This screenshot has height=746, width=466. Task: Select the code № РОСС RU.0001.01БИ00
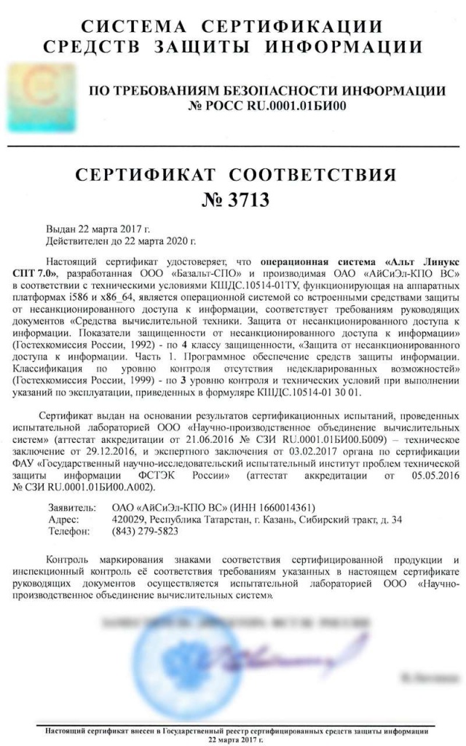(x=266, y=106)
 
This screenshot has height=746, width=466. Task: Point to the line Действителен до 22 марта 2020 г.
(x=121, y=239)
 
